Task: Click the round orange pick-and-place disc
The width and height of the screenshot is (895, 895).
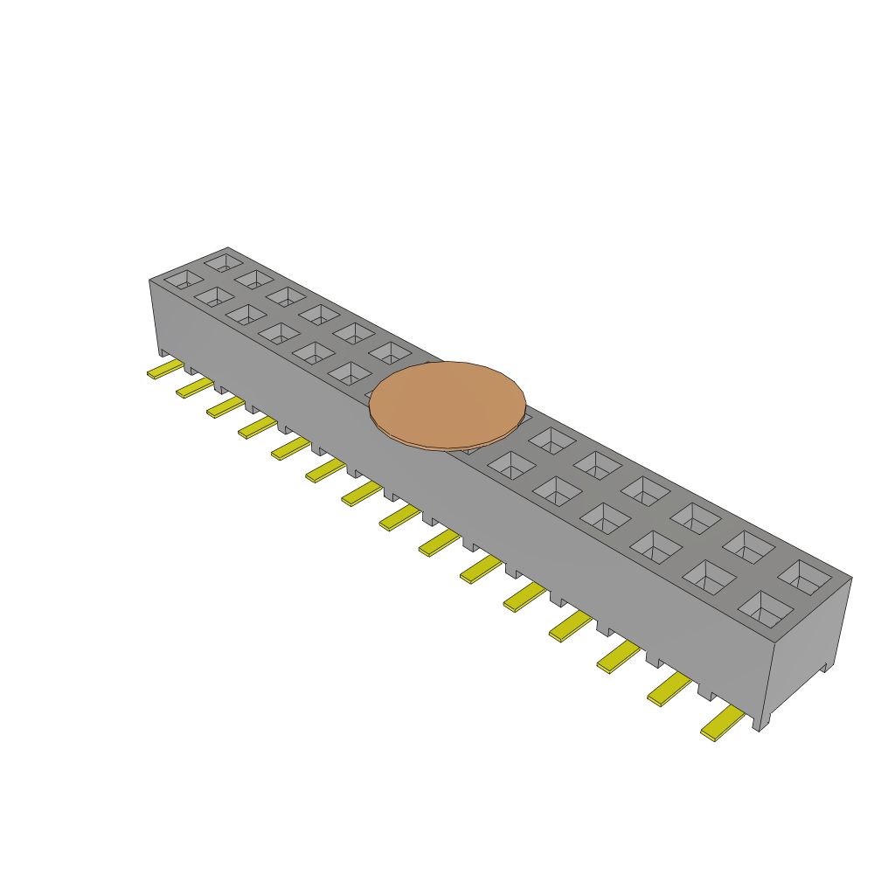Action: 447,404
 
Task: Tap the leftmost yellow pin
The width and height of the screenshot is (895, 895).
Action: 164,371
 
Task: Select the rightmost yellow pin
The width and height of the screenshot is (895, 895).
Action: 722,725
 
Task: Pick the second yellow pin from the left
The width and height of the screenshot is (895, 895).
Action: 194,387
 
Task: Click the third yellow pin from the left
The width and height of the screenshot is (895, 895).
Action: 225,407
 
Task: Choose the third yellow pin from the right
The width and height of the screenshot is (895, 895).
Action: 618,657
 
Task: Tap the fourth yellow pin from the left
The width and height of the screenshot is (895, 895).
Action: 257,427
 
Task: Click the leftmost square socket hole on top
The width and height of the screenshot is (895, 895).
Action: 183,280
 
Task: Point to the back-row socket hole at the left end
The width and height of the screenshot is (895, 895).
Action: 223,261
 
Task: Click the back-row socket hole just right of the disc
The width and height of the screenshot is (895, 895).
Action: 551,441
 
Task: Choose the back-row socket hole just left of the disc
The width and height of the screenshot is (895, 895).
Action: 390,354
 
